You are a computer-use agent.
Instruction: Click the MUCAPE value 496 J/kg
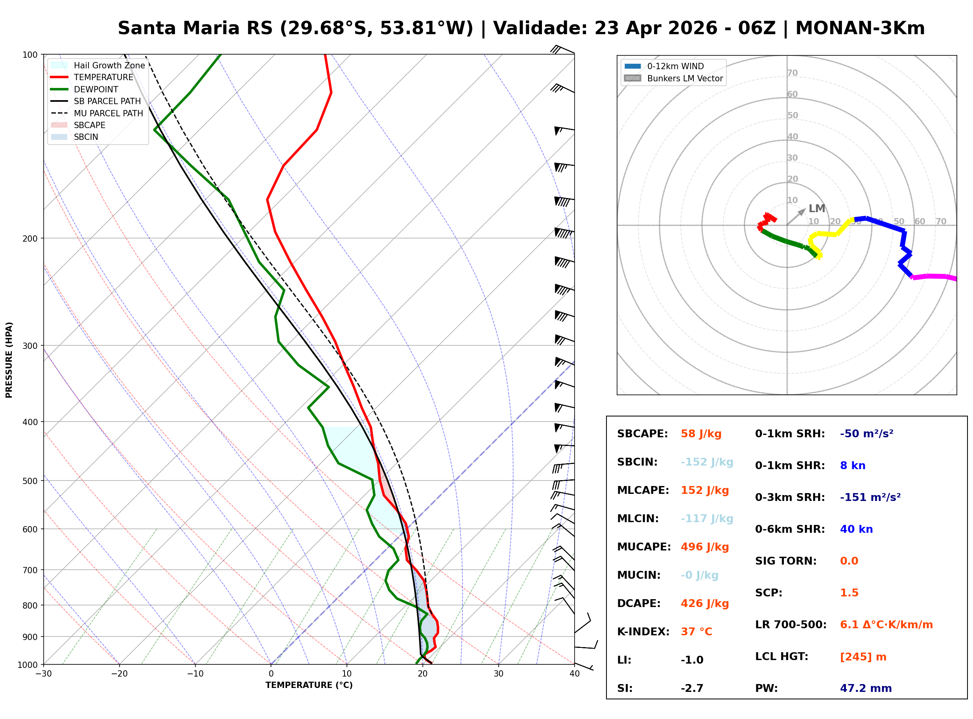[x=704, y=547]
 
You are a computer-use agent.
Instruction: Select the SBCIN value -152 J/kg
[x=706, y=462]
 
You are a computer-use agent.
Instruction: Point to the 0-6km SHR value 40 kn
[x=856, y=529]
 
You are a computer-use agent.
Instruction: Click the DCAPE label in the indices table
[x=638, y=603]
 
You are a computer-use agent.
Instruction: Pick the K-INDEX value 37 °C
[x=696, y=631]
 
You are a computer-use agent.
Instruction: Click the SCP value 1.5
[x=849, y=592]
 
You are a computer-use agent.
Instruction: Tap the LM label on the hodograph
[x=816, y=209]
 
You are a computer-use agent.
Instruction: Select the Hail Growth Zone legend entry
[x=109, y=65]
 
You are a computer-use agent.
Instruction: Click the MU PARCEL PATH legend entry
[x=108, y=113]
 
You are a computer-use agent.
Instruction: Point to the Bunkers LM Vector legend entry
[x=685, y=78]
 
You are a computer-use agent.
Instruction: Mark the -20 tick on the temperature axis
[x=119, y=674]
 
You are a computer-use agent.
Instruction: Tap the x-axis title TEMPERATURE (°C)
[x=309, y=685]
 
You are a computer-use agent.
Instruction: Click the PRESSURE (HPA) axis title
[x=9, y=359]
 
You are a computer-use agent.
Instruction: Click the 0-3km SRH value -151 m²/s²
[x=870, y=497]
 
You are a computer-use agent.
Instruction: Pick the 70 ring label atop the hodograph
[x=792, y=73]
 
